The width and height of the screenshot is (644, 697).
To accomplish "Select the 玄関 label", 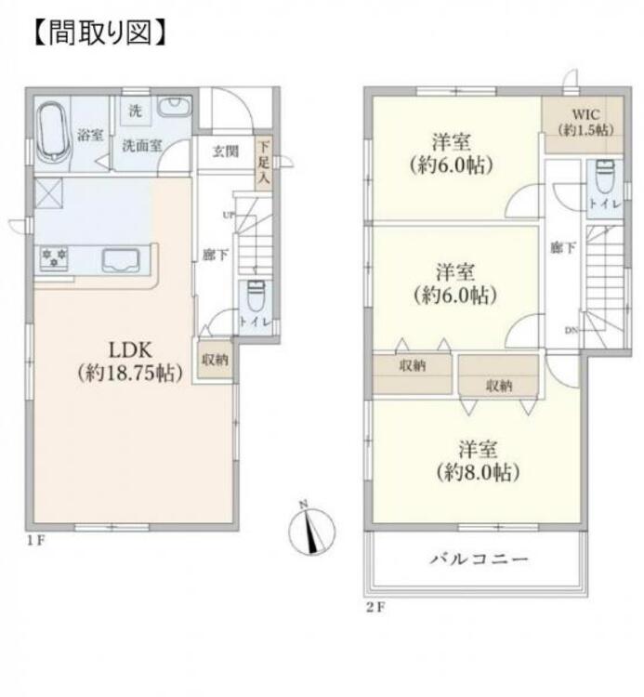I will click(225, 151).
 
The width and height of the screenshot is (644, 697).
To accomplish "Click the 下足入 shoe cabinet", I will click(264, 164).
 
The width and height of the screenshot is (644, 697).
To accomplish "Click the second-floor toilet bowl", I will click(605, 174).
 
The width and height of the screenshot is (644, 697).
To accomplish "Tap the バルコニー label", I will click(479, 559).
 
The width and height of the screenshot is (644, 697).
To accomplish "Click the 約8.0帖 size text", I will click(478, 471).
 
